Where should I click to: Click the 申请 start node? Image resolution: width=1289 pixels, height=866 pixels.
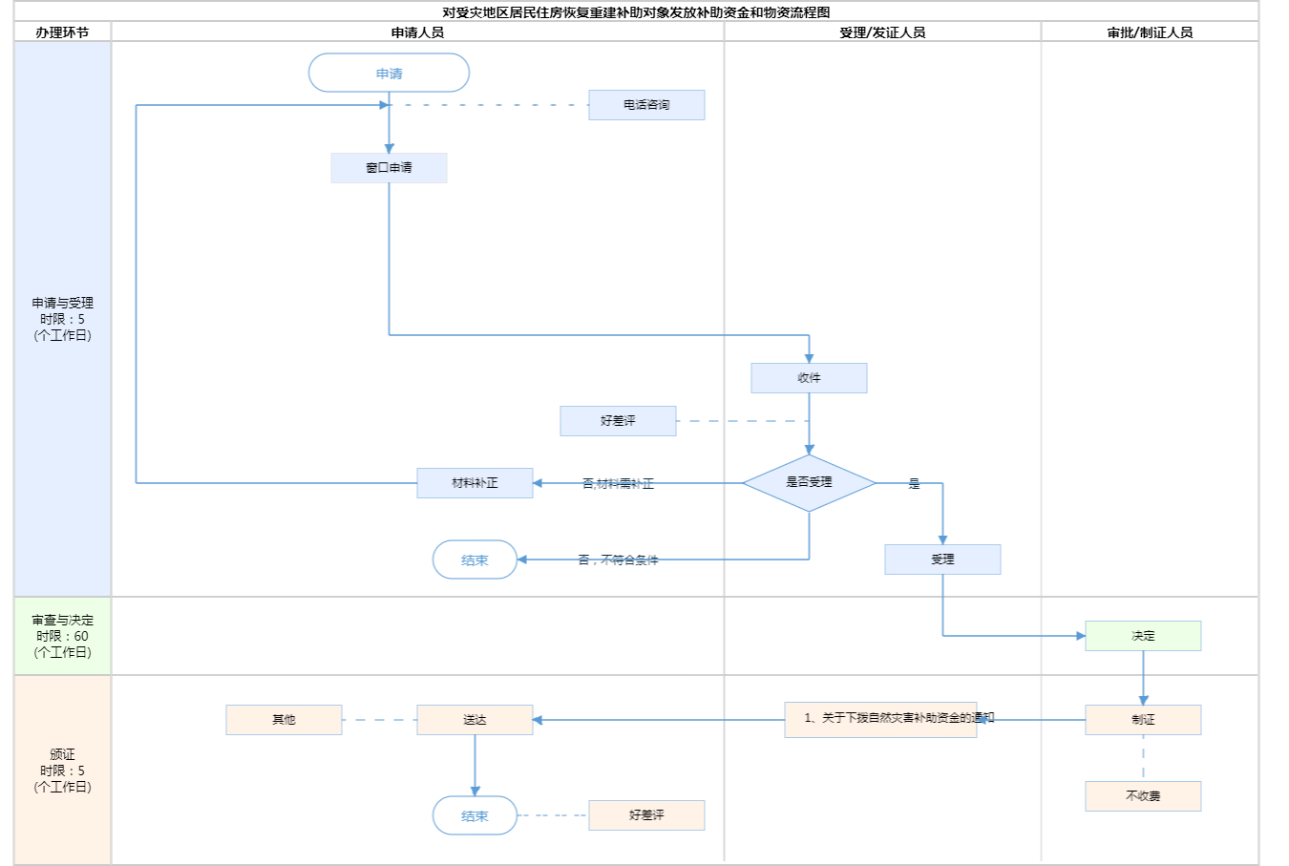[389, 74]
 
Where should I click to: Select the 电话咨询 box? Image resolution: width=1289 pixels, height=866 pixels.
[646, 105]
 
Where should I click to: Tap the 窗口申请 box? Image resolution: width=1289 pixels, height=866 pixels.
[389, 168]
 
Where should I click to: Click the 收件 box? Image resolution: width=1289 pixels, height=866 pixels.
[809, 378]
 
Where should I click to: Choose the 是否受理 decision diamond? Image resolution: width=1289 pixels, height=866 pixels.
[809, 483]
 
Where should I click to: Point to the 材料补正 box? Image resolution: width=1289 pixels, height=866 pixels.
[475, 483]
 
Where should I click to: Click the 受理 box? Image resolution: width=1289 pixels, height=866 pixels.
[942, 560]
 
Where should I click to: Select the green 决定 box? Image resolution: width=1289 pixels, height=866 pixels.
[1143, 636]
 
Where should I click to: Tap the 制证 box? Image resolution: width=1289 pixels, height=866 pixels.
[1143, 720]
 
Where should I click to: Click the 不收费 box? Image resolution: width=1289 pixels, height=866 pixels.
[1143, 796]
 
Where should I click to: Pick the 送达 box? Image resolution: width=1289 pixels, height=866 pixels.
[475, 720]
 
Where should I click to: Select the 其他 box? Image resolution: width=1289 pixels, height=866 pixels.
[284, 720]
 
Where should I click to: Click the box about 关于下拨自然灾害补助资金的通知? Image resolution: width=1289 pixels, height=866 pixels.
[880, 719]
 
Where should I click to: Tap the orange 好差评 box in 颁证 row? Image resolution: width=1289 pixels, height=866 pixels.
[646, 815]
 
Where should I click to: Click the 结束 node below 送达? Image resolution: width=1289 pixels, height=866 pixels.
[475, 816]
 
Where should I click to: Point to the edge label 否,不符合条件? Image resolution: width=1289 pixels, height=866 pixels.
[618, 560]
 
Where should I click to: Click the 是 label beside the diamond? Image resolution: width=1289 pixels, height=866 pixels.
[914, 484]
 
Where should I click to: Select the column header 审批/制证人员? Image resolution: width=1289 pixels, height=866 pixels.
[1150, 32]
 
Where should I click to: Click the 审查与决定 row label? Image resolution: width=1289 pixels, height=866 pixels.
[62, 636]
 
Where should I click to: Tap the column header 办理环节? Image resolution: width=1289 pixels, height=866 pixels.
[62, 32]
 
